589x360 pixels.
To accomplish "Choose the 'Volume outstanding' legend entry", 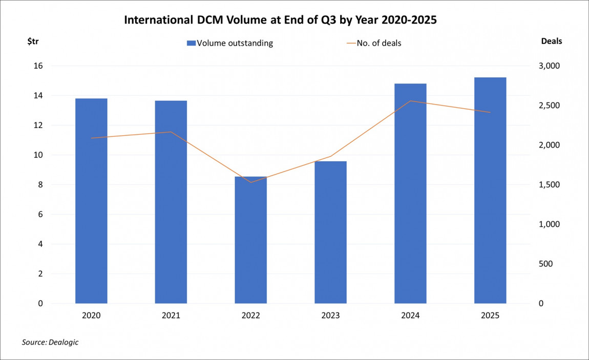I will (230, 43).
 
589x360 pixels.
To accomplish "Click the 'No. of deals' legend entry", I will (373, 43).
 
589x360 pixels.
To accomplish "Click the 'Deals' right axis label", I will (551, 41).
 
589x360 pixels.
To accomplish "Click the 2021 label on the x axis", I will (171, 316).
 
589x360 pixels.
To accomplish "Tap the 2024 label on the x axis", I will (410, 316).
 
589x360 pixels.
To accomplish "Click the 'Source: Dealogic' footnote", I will (50, 342).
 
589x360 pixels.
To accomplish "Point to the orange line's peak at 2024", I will (410, 101).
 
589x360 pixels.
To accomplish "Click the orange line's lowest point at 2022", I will (251, 182).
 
